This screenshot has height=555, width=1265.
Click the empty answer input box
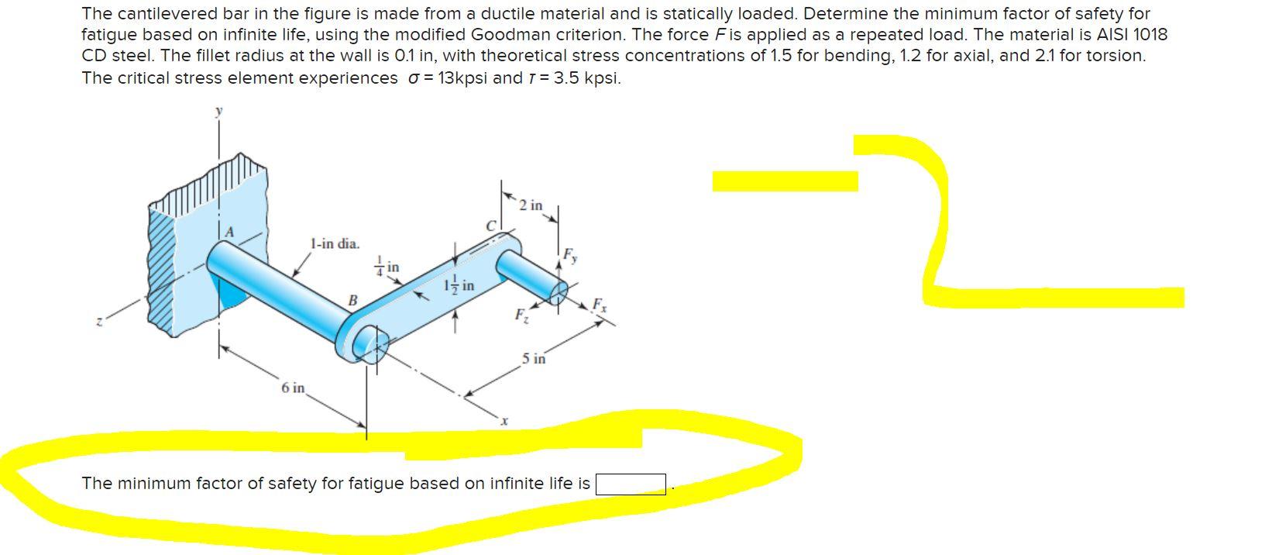pos(631,484)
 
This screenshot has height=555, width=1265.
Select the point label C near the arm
pos(490,226)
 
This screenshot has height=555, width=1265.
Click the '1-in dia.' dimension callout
pos(335,244)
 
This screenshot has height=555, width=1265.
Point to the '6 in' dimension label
pos(294,388)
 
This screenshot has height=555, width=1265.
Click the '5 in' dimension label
pos(534,359)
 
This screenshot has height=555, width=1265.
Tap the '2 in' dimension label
pos(531,205)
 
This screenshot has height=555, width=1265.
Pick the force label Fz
pos(521,315)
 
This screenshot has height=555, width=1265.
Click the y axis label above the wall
pos(218,112)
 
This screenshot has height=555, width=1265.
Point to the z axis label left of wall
pos(98,322)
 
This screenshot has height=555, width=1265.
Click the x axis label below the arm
pos(504,421)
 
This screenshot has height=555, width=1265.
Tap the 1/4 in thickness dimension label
pos(388,267)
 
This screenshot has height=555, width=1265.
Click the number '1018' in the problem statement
pos(1150,35)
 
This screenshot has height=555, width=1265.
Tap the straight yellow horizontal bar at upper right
pos(785,181)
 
